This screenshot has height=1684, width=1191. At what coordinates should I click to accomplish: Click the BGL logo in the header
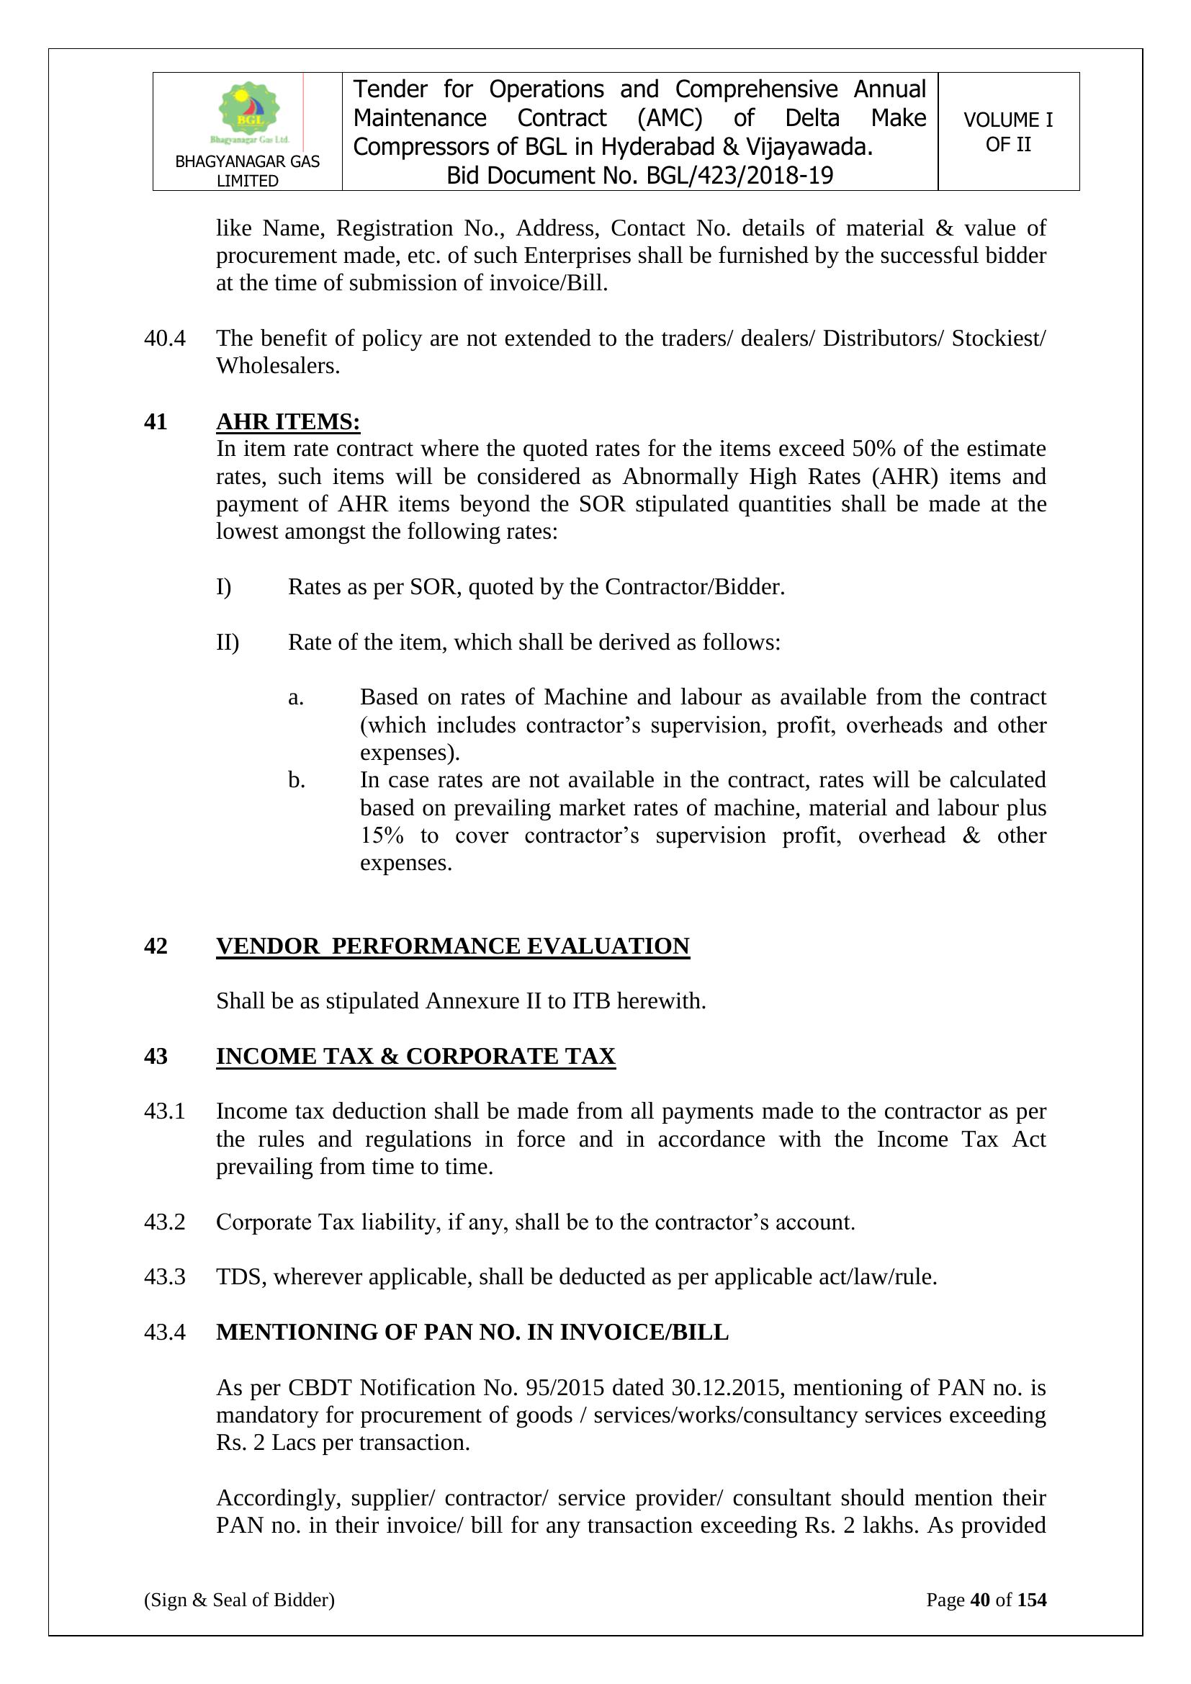(x=249, y=112)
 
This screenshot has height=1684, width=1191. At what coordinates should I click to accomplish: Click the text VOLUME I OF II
(x=1007, y=132)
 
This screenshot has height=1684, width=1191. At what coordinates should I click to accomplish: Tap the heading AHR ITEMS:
(x=287, y=422)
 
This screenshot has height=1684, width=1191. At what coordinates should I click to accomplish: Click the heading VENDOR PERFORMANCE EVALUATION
(x=452, y=946)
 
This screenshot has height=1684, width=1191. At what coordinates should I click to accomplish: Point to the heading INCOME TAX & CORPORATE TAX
(x=415, y=1056)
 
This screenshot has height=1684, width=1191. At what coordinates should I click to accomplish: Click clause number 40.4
(x=164, y=338)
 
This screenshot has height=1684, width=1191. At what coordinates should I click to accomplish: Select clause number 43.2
(x=164, y=1222)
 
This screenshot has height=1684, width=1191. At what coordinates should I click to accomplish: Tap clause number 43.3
(x=164, y=1277)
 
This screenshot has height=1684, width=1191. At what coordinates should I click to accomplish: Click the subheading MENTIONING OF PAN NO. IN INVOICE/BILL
(x=472, y=1332)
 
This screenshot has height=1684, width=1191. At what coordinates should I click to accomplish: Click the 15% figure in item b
(x=382, y=836)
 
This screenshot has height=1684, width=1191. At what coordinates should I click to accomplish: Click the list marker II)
(x=228, y=642)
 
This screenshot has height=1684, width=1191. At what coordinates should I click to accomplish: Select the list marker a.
(x=295, y=697)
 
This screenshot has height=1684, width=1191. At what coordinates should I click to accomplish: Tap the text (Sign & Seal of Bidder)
(x=239, y=1600)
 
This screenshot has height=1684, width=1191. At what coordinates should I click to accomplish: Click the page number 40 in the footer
(x=980, y=1600)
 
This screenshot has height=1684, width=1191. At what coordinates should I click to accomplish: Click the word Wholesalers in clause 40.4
(x=277, y=366)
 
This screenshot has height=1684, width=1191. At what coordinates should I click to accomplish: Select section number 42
(x=156, y=946)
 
